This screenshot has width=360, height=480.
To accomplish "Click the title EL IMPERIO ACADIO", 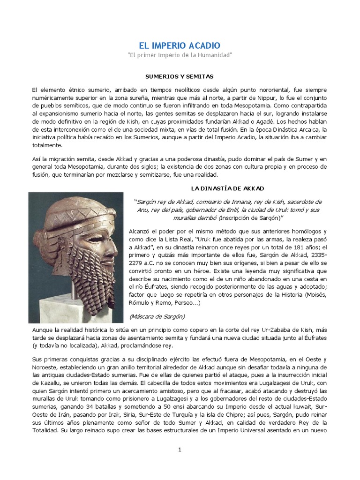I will coord(180,45).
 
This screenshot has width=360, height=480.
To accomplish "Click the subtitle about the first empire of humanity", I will coord(180,55).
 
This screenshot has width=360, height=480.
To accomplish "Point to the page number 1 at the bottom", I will coord(180,450).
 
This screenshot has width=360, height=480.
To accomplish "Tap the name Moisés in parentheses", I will coord(316,295).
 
